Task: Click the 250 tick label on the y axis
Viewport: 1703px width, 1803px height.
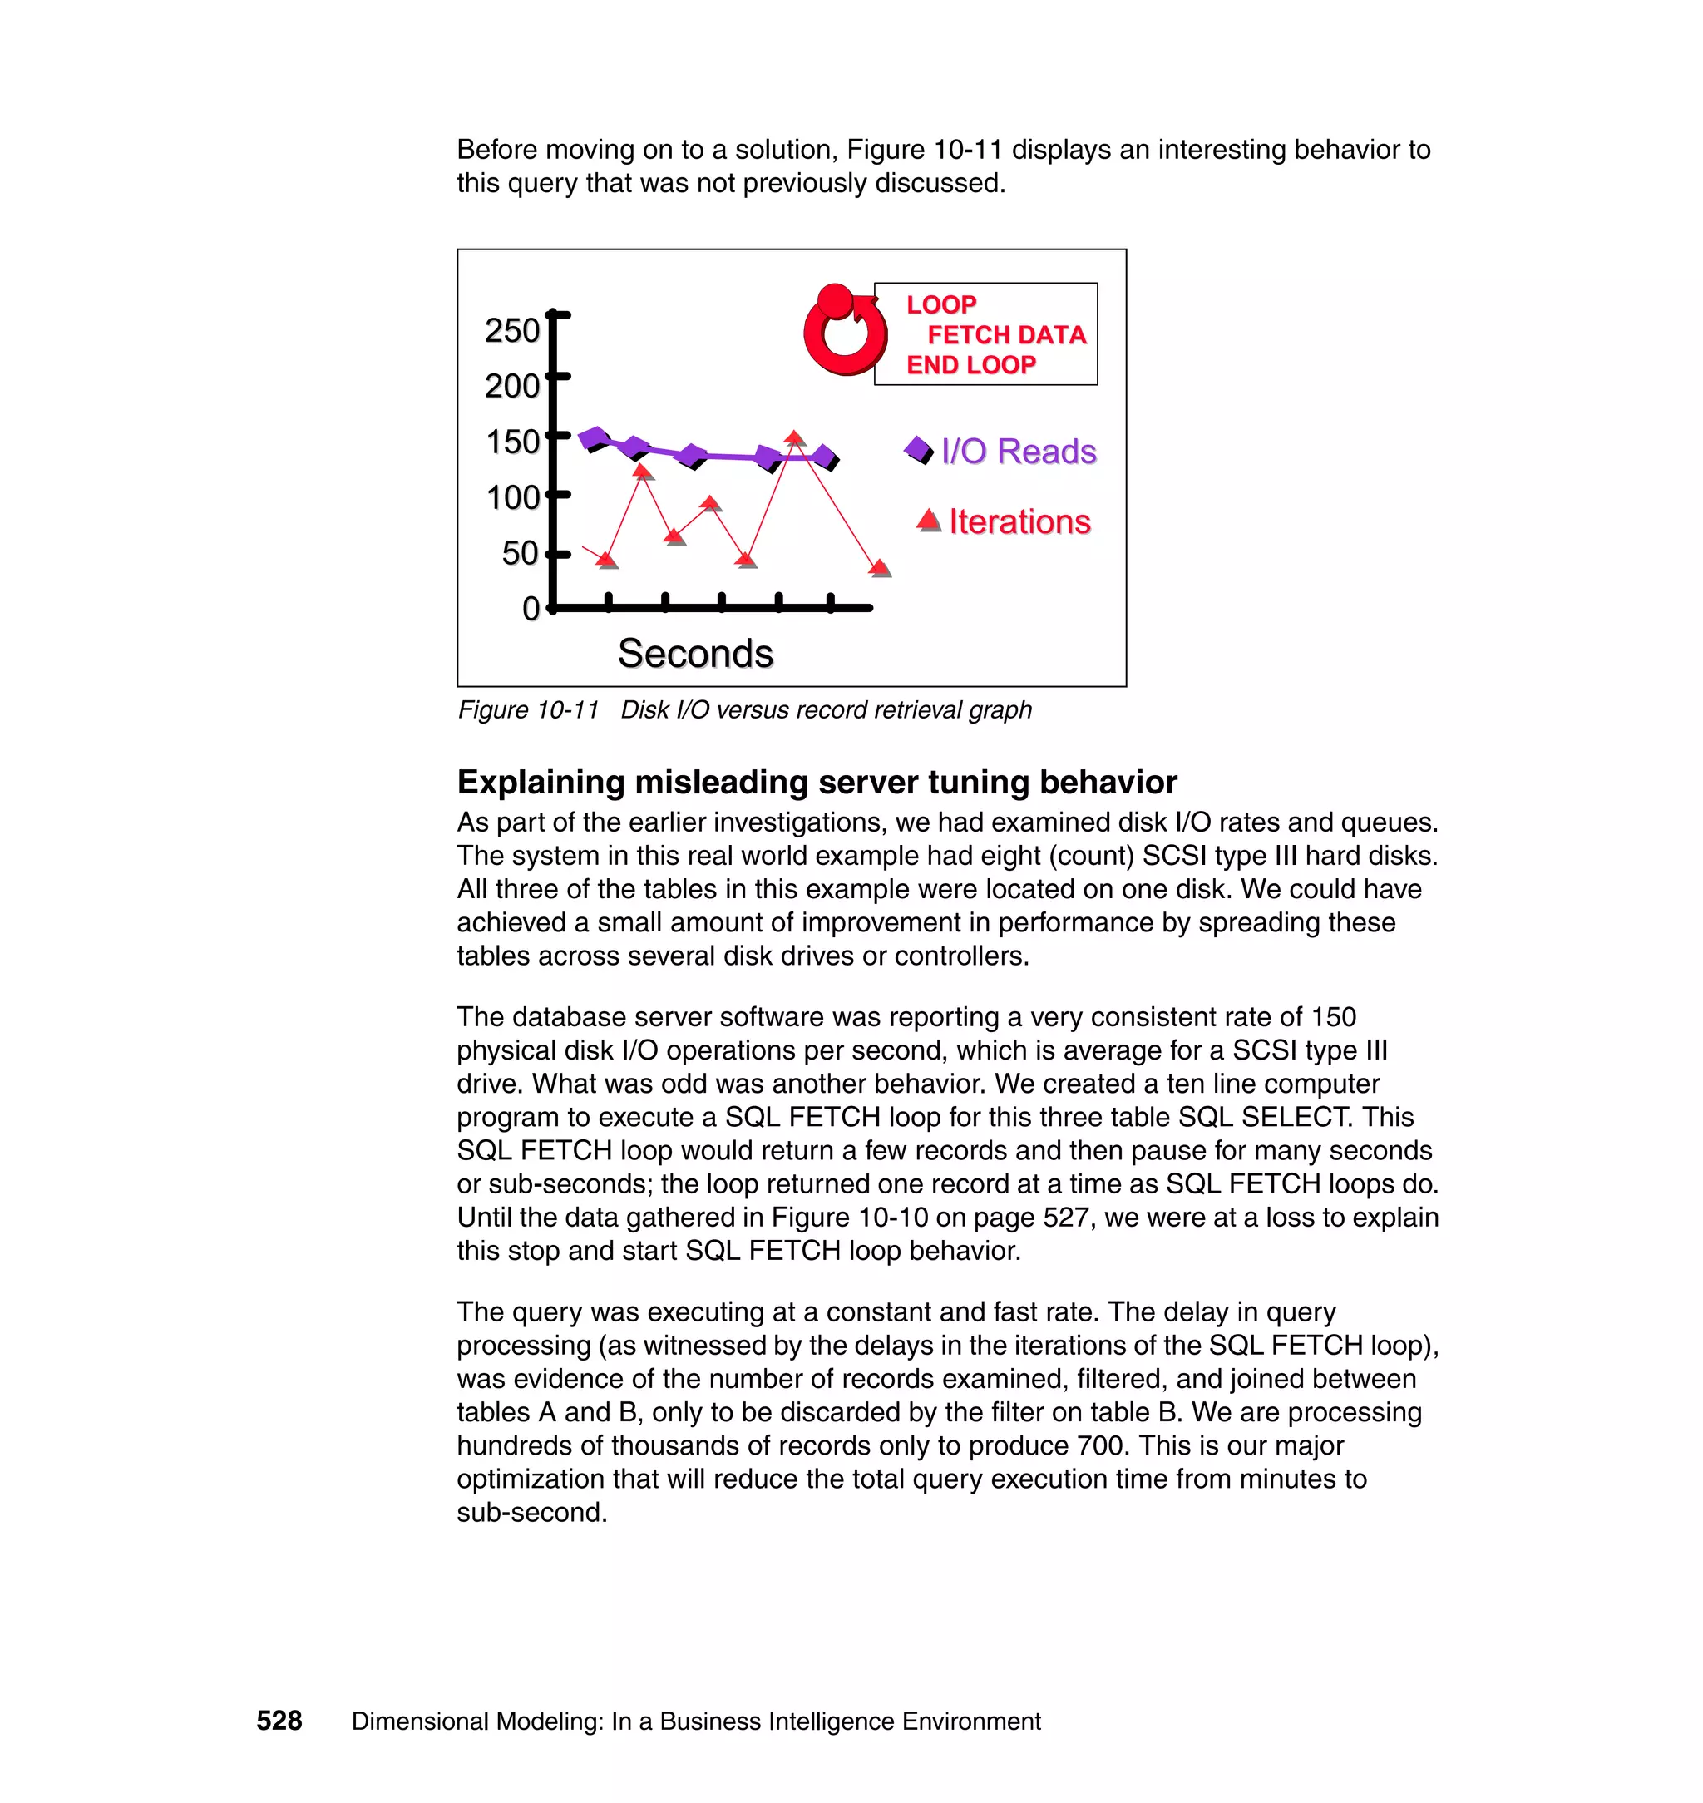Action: point(512,331)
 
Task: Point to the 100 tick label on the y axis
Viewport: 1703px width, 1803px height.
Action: point(513,497)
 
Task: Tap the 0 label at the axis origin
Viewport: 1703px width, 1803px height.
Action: point(531,608)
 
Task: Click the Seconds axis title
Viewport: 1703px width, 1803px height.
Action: point(695,654)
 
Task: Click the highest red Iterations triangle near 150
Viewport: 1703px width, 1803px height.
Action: point(794,439)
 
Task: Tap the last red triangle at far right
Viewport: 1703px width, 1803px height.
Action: point(879,568)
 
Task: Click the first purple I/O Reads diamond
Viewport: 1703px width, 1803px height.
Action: point(595,438)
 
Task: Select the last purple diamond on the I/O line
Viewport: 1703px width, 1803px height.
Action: point(825,457)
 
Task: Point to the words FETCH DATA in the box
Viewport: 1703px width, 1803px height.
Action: point(1006,335)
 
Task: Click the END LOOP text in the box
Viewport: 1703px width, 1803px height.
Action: point(970,365)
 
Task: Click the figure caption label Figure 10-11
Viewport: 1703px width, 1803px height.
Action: point(528,710)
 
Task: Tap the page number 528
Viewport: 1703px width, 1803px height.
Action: point(279,1721)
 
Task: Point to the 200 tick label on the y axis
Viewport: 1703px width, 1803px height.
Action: point(512,387)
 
